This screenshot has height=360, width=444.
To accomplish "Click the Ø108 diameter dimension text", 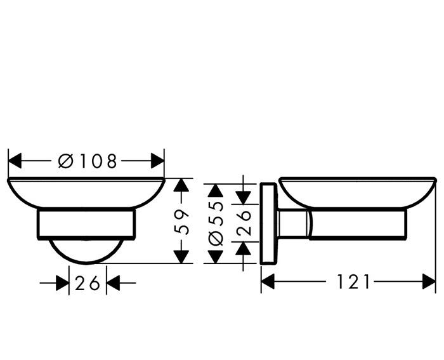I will coord(88,161).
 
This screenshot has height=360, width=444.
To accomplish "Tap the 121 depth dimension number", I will coord(349,281).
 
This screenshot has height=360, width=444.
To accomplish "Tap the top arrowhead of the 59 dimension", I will coord(182,185).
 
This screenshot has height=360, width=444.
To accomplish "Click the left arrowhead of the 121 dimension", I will coord(268,281).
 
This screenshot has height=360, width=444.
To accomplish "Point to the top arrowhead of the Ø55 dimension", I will coord(216,191).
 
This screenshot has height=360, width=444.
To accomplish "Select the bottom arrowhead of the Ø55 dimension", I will coord(216,257).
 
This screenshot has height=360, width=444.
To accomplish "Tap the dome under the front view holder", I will coord(86,251).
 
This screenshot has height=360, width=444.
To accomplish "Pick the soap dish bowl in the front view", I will coord(86,194).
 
